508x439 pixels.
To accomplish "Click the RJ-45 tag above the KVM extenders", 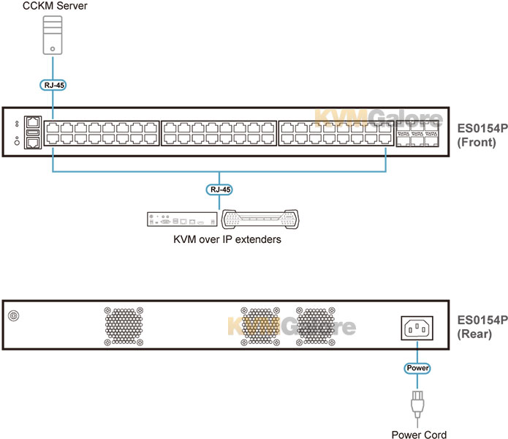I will point(219,190).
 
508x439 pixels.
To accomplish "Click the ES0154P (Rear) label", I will point(482,327).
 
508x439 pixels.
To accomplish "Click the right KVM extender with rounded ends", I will point(259,219).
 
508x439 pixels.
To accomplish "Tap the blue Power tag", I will point(417,368).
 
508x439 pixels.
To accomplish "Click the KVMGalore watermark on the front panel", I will point(378,119).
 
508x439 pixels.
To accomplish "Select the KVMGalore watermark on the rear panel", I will point(292,326).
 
